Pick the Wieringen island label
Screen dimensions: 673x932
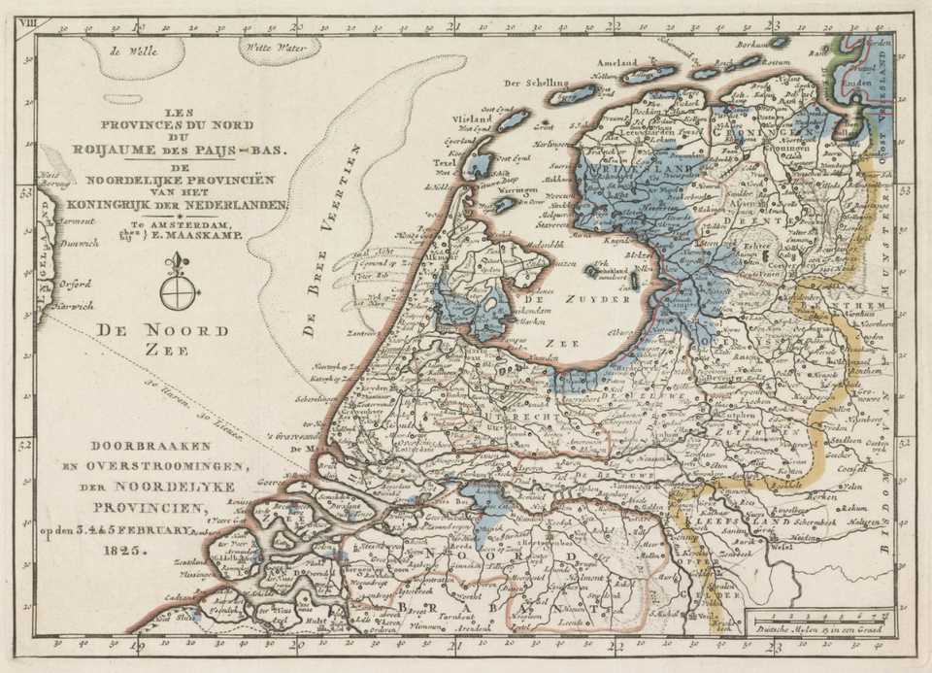[x=518, y=192]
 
